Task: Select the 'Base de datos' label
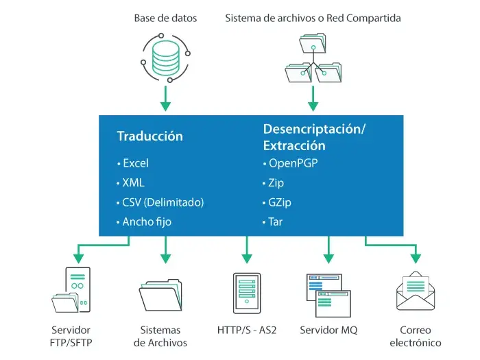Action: tap(165, 18)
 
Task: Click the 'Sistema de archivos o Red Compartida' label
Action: tap(313, 18)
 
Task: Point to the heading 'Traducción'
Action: tap(150, 136)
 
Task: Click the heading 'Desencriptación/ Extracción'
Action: tap(315, 136)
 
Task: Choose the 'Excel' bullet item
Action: tap(135, 163)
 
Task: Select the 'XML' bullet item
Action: tap(133, 182)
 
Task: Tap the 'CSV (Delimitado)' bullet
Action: tap(163, 202)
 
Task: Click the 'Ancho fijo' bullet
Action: tap(147, 221)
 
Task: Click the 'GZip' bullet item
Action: tap(278, 202)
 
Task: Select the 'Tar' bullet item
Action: tap(274, 221)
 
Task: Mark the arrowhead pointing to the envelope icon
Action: tap(416, 259)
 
